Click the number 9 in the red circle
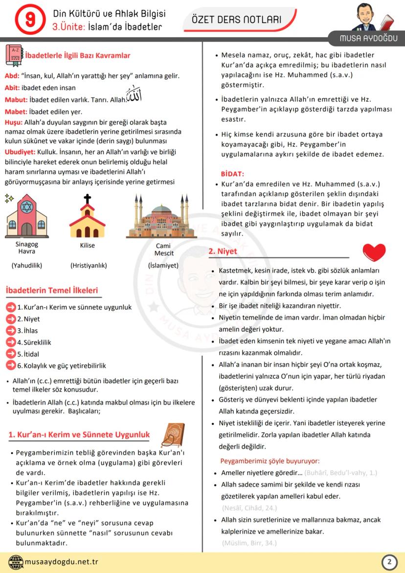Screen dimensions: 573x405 (30, 20)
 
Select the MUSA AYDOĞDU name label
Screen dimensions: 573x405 (369, 39)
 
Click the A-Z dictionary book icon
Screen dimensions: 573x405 (13, 55)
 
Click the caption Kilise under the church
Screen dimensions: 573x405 (88, 245)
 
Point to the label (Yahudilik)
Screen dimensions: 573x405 (27, 266)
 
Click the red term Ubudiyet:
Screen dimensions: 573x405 (19, 152)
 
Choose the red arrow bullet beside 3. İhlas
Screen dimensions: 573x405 (11, 330)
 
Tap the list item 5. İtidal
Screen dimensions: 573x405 (28, 354)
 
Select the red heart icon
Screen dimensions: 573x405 (374, 252)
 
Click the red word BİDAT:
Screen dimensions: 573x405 (232, 174)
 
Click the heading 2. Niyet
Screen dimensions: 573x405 (223, 251)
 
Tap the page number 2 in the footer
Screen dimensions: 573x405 (389, 562)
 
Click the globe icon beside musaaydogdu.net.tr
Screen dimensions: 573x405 (16, 562)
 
